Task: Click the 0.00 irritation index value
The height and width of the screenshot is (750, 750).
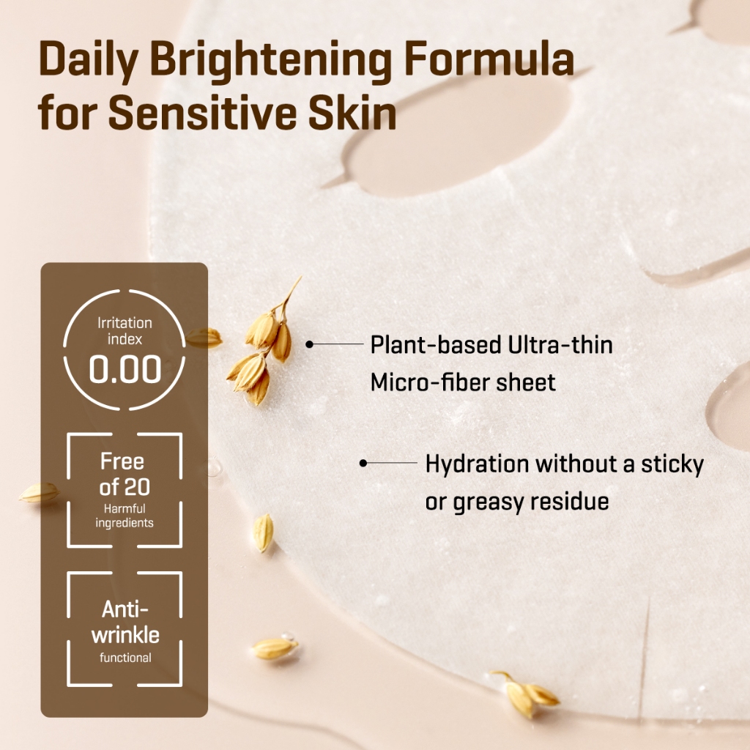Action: (125, 370)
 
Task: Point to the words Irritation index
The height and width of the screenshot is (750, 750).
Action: (125, 331)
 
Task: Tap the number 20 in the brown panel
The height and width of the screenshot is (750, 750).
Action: (136, 488)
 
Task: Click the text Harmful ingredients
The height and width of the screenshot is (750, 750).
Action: (125, 516)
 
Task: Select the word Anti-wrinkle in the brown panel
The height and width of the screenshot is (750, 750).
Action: (125, 623)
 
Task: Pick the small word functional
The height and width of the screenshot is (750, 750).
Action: (125, 658)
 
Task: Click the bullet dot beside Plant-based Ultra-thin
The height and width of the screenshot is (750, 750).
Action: (310, 344)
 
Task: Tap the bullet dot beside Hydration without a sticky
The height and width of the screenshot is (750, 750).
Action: (363, 463)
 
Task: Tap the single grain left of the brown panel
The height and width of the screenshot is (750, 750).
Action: (40, 493)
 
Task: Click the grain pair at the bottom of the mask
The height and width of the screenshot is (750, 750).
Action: (525, 693)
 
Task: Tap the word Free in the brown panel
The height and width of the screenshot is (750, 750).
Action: (122, 461)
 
